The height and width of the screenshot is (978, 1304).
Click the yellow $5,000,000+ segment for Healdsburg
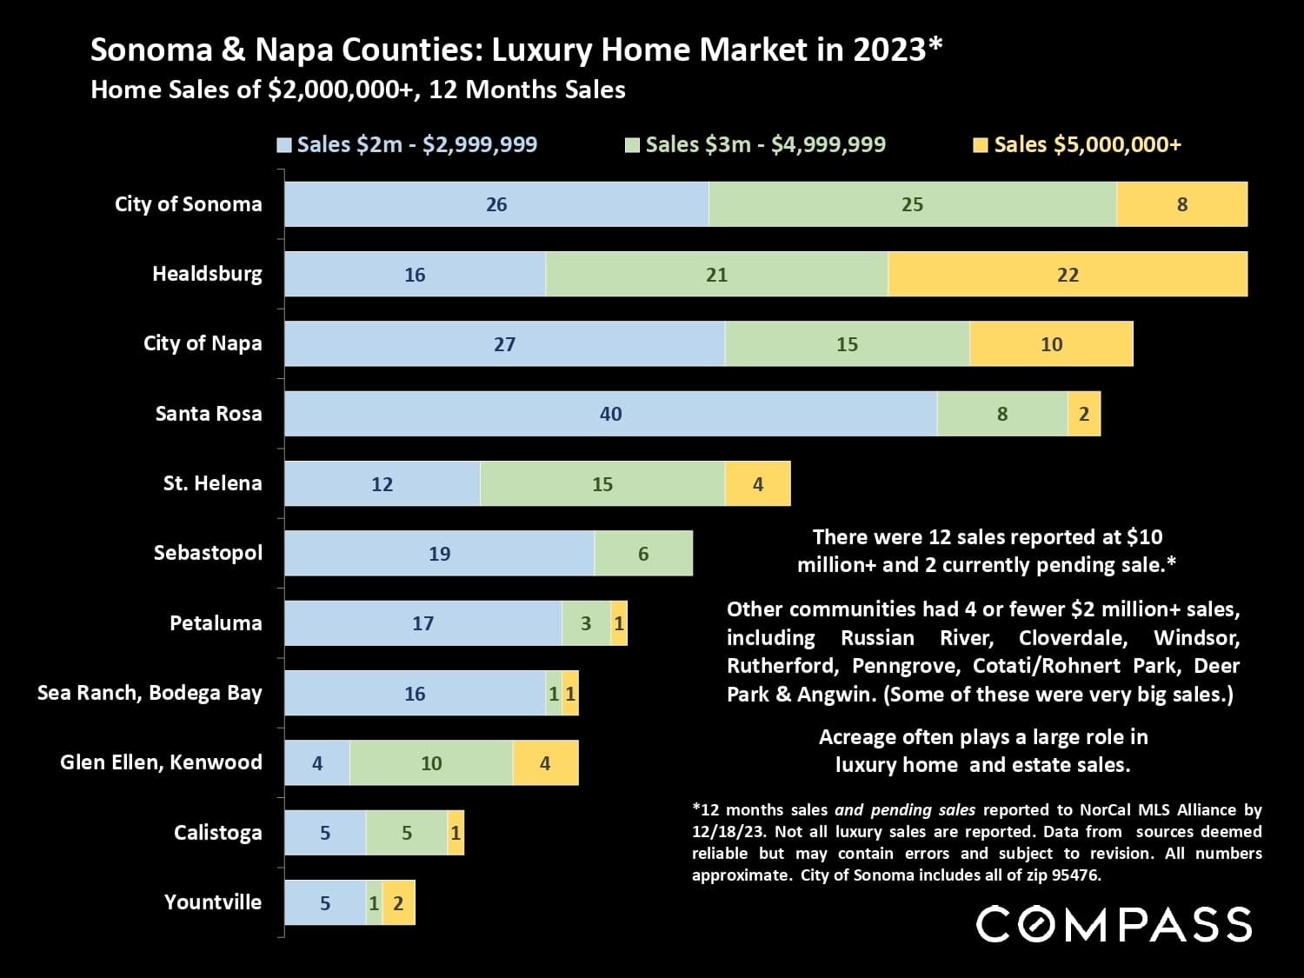(1068, 275)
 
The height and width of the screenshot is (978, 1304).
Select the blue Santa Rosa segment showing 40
(610, 414)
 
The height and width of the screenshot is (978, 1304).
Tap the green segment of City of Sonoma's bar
(912, 204)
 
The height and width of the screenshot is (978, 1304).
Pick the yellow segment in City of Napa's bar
(1051, 344)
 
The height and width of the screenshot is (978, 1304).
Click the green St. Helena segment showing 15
(602, 483)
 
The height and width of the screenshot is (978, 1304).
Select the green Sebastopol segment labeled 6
(643, 554)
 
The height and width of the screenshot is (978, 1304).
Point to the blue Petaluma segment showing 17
(422, 623)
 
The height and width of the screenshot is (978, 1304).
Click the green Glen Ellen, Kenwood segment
(431, 763)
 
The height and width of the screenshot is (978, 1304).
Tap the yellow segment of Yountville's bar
(398, 902)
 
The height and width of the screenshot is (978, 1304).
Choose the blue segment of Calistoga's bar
(325, 833)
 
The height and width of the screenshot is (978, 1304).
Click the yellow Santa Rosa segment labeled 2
(1084, 414)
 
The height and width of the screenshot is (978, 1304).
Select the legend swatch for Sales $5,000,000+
(981, 145)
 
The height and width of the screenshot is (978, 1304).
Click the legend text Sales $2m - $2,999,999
(416, 144)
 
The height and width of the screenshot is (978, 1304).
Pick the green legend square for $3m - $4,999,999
(632, 145)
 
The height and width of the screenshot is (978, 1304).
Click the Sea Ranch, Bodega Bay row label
(150, 693)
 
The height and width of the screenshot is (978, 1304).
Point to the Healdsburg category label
(207, 274)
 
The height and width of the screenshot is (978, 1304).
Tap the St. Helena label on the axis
(212, 483)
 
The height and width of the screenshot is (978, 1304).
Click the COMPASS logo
(1114, 923)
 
